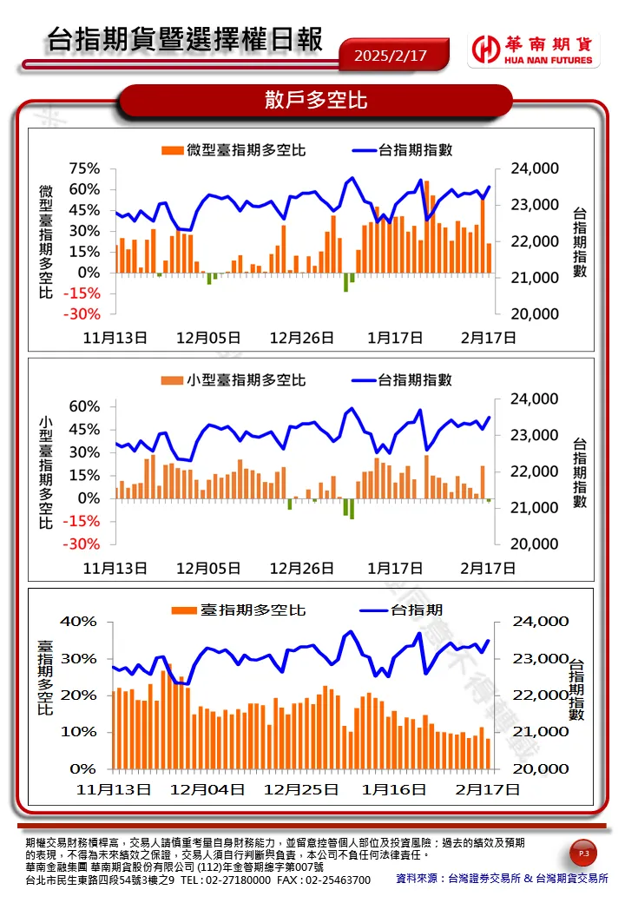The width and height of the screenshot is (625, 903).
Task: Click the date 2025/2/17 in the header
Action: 391,56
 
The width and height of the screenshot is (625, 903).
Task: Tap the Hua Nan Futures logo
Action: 533,50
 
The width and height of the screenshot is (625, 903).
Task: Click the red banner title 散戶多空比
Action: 316,101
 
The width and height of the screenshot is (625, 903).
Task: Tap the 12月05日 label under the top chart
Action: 208,338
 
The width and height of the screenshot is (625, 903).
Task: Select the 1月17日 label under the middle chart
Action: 395,568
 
